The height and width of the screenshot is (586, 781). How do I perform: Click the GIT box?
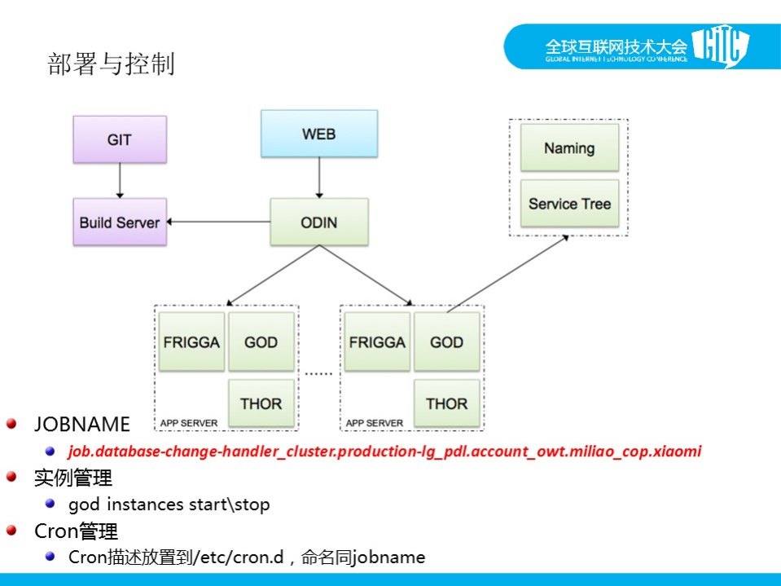120,139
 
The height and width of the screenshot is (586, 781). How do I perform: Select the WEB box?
318,134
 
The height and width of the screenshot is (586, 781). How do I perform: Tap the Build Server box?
120,222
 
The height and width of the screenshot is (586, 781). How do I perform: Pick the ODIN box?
318,222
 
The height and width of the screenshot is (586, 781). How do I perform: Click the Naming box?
569,148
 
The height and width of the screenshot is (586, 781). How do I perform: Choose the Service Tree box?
569,204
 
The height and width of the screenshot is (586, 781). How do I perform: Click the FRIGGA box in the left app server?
192,342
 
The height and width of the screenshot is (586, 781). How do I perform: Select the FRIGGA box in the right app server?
377,342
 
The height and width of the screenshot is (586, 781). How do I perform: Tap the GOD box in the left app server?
261,342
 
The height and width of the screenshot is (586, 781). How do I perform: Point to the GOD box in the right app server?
446,342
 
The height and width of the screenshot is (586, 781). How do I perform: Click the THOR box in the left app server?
261,403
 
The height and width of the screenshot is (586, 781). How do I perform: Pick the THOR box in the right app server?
446,403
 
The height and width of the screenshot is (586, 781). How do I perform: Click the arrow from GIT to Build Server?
120,180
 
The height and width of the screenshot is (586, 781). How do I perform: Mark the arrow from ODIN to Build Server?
220,222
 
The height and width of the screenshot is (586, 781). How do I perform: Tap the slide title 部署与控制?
111,64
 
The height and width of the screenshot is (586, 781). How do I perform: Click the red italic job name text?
384,451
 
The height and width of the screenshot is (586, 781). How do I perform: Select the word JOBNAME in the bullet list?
82,424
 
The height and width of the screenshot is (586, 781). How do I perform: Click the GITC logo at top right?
720,47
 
